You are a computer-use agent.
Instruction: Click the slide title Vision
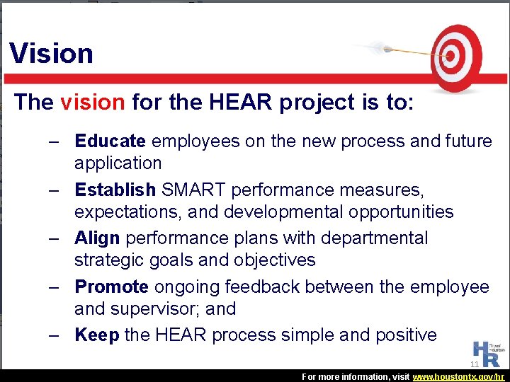point(51,54)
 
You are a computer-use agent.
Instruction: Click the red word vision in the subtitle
point(92,103)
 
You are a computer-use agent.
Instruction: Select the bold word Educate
point(110,141)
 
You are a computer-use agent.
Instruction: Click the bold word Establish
point(115,190)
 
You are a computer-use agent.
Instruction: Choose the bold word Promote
point(111,286)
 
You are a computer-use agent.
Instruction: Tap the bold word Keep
point(96,335)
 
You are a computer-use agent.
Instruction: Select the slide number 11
point(475,364)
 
